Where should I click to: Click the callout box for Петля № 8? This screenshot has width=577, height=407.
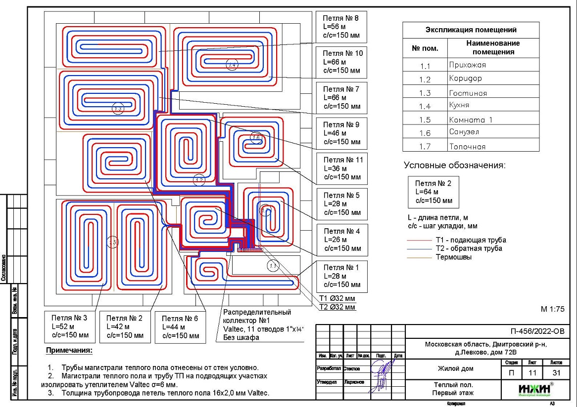click(341, 27)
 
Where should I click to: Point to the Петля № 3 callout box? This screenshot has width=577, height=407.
click(69, 326)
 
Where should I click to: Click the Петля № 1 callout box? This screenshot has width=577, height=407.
click(341, 276)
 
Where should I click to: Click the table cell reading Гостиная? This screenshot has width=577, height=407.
click(493, 93)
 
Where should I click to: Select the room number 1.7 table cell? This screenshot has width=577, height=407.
click(425, 147)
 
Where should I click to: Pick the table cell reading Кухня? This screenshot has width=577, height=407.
click(493, 106)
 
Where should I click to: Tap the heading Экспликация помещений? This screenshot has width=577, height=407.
click(471, 30)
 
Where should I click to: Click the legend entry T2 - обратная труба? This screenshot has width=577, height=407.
click(469, 248)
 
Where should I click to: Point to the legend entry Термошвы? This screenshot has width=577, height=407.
click(453, 257)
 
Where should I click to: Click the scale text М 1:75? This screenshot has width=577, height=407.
click(552, 310)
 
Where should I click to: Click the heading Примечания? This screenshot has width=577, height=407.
click(69, 351)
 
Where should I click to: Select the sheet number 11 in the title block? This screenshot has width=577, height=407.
click(532, 373)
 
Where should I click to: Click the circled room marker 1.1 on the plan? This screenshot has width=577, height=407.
click(273, 266)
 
